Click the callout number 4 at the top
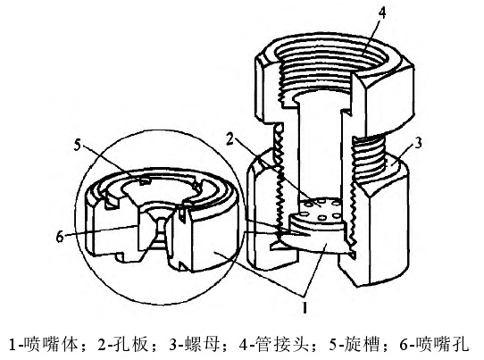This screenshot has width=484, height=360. [382, 13]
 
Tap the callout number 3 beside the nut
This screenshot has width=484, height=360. [418, 143]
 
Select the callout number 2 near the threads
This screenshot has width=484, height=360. [229, 138]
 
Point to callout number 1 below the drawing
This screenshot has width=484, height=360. [305, 307]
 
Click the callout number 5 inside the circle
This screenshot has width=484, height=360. [77, 144]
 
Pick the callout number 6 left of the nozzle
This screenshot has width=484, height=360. [60, 237]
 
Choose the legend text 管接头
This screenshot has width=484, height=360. [282, 344]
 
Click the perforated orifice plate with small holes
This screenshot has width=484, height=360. [321, 208]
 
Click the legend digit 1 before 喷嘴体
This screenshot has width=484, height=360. [13, 345]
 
